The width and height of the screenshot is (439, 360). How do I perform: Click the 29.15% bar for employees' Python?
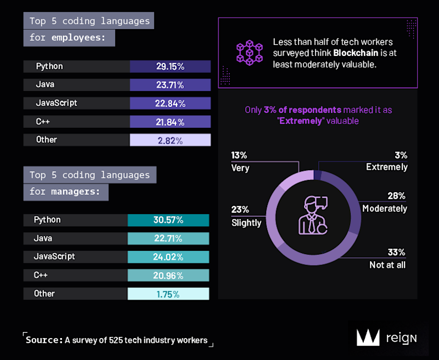point(170,66)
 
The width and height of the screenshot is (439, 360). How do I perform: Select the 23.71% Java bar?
point(170,85)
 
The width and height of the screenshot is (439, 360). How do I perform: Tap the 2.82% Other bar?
point(170,140)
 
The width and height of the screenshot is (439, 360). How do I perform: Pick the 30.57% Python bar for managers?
point(168,220)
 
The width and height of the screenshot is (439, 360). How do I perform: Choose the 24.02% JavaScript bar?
point(168,257)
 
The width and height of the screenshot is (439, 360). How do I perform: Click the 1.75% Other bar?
point(168,294)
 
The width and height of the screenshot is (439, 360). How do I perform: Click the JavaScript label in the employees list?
point(56,103)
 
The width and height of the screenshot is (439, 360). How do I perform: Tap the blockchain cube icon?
point(250,53)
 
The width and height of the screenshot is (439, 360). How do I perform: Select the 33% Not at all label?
point(387,259)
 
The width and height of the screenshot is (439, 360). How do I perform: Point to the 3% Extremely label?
point(387,161)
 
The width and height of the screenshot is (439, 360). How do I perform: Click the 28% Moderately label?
point(385,202)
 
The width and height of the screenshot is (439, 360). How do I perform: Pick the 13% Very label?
point(240,162)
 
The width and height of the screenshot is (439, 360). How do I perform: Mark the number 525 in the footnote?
point(117,340)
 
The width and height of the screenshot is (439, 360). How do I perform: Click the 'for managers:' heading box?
point(66,192)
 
